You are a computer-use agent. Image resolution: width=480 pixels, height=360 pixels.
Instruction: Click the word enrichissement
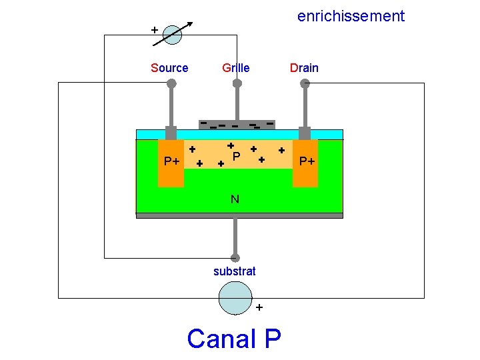click(351, 16)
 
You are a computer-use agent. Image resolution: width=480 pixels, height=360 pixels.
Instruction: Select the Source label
click(169, 68)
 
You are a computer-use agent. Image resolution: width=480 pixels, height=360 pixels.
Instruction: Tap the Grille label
click(236, 68)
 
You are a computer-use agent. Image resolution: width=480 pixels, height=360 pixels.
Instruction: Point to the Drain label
click(304, 68)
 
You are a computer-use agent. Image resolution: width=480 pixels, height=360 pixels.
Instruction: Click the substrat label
click(235, 271)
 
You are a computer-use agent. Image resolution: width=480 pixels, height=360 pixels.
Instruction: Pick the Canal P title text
click(234, 339)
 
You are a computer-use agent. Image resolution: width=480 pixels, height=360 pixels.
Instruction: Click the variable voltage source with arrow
click(172, 35)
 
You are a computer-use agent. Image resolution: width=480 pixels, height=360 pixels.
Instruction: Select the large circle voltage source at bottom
click(235, 297)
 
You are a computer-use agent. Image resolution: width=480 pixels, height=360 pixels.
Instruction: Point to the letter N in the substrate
click(235, 199)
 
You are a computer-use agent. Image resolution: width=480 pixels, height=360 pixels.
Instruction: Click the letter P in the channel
click(236, 156)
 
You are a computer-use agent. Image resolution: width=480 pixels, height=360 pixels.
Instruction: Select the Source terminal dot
click(171, 83)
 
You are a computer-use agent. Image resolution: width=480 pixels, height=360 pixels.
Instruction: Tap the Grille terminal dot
click(237, 83)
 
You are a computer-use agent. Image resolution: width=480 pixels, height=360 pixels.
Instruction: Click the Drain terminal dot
click(305, 83)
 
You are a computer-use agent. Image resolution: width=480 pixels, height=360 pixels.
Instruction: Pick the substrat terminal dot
click(235, 258)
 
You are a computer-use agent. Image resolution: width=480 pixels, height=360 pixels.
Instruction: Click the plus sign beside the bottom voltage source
click(259, 307)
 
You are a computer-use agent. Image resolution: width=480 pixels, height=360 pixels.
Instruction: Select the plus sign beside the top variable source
click(155, 30)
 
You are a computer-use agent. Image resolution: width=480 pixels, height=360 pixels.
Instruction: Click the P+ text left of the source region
click(172, 161)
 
